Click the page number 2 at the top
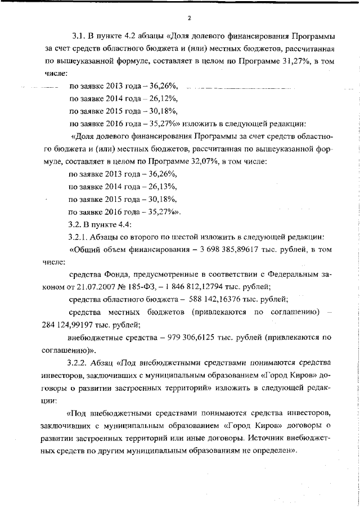click(x=190, y=18)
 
